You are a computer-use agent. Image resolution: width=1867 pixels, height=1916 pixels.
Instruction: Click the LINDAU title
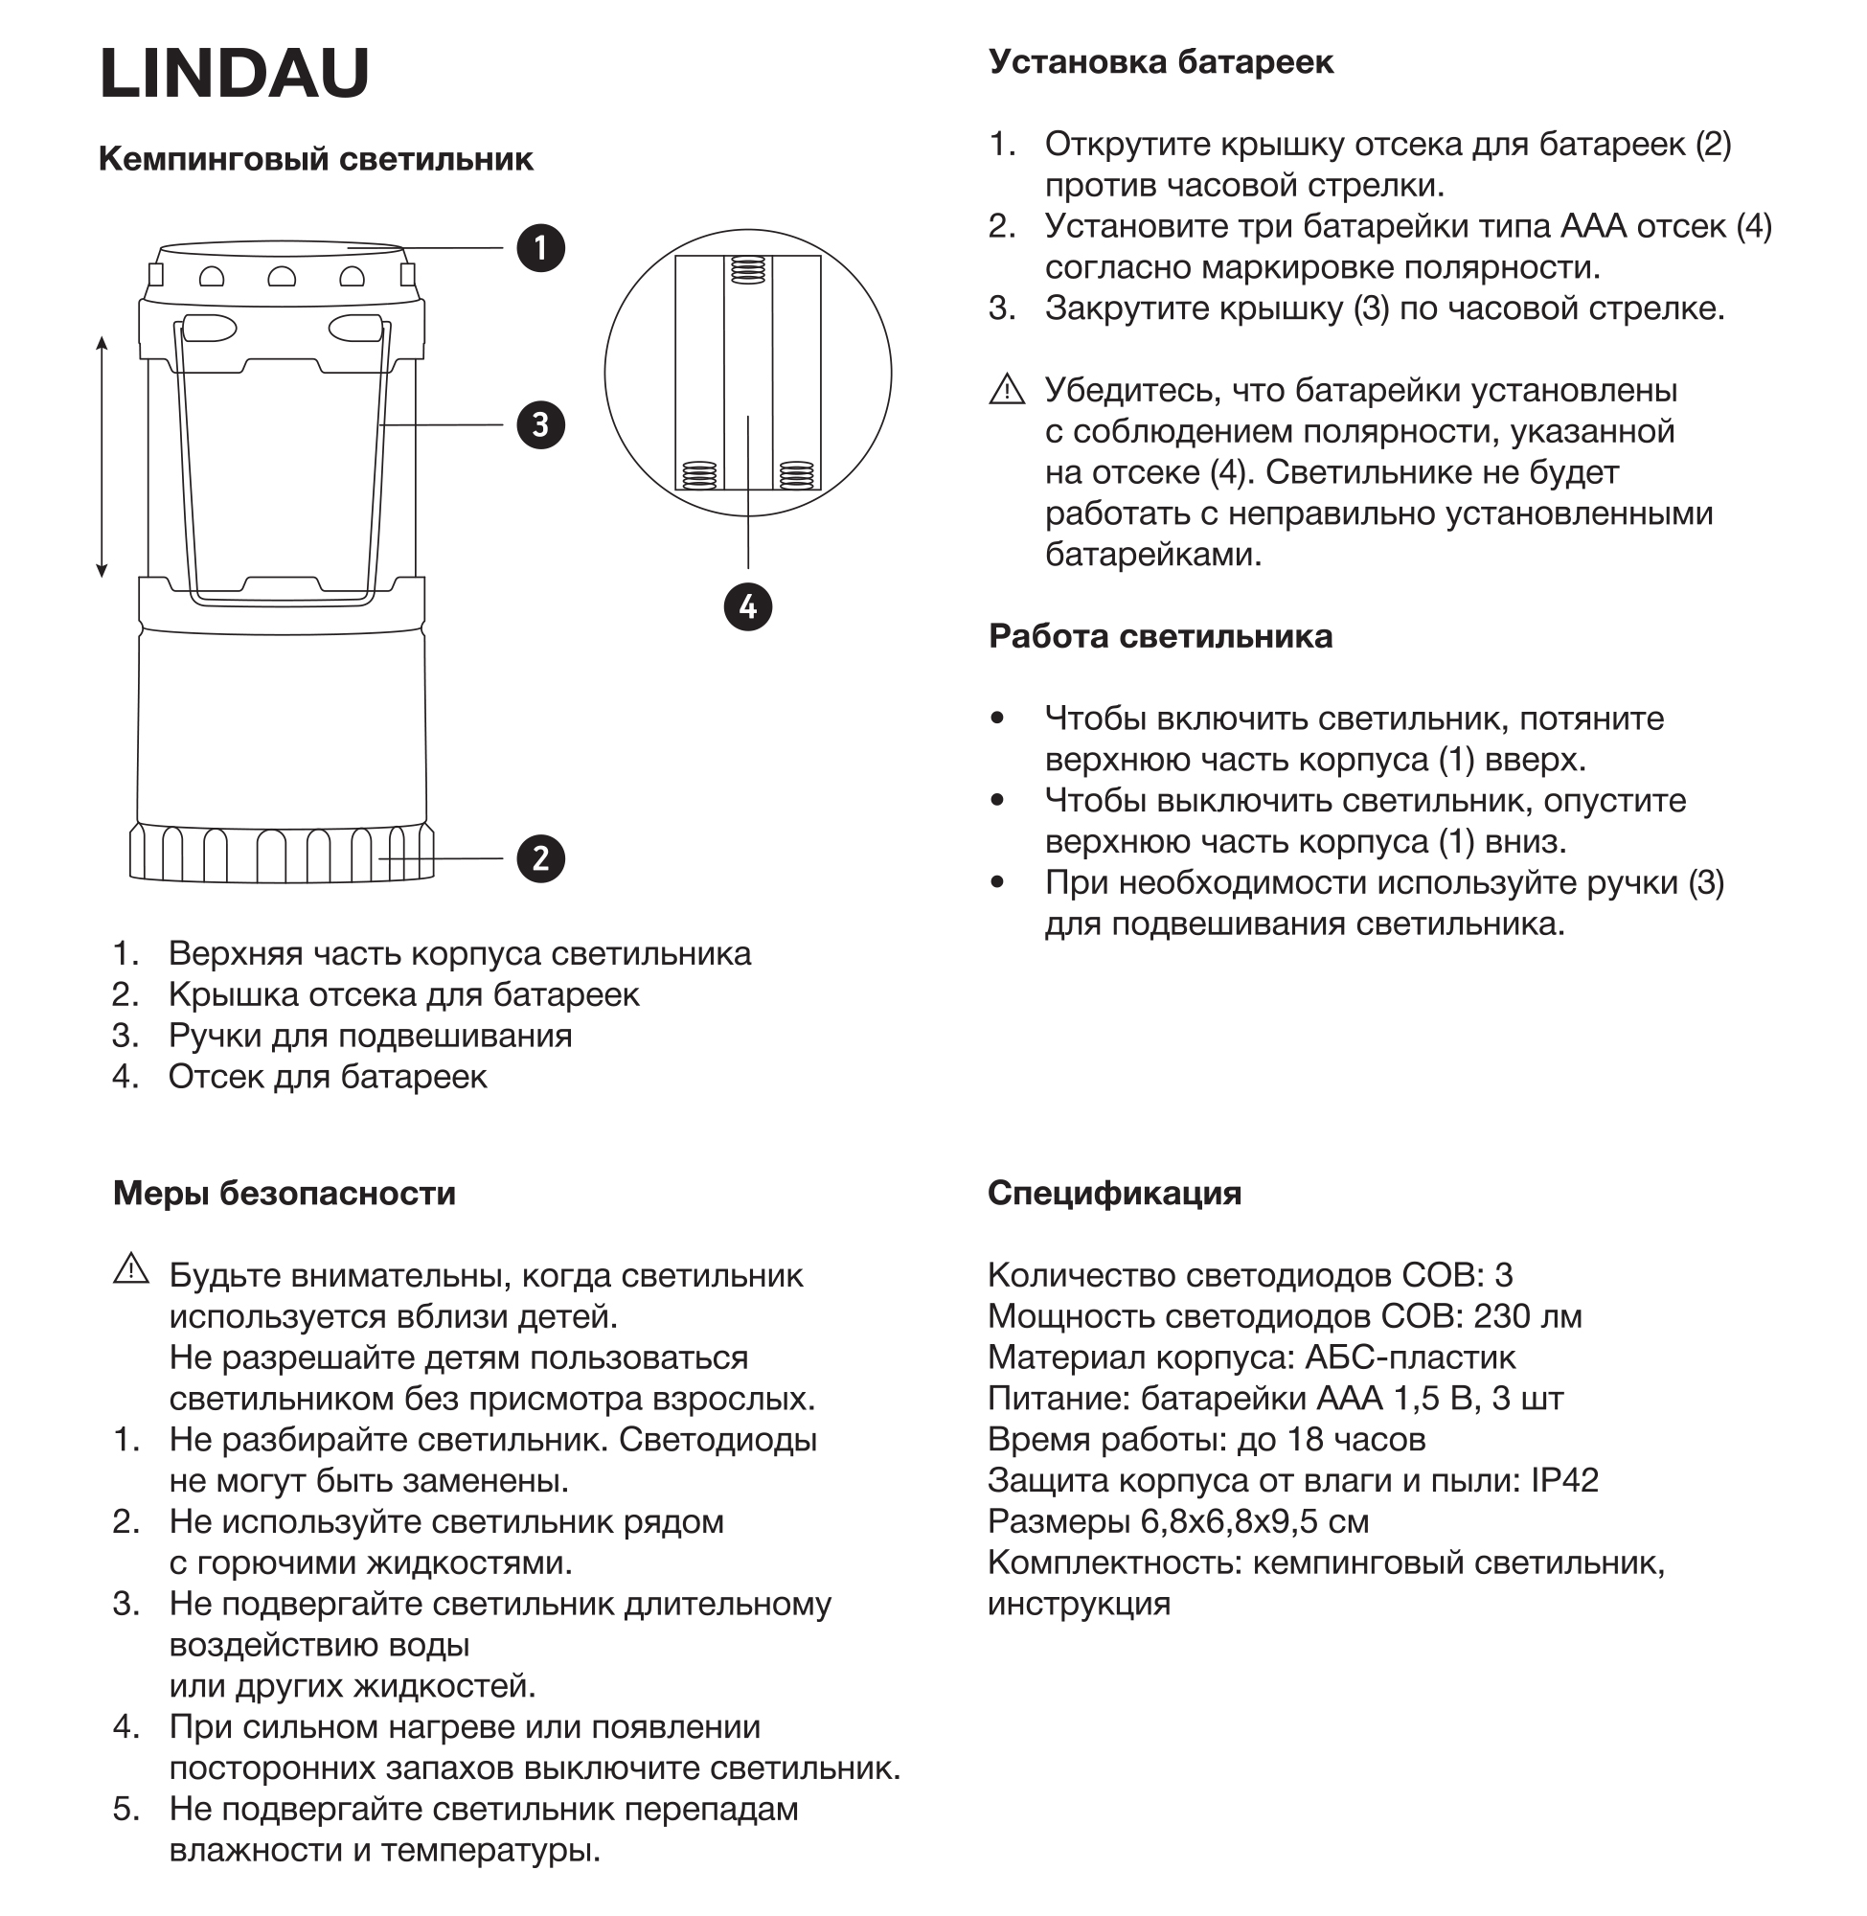point(234,74)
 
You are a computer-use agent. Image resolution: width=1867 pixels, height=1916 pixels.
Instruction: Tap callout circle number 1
point(540,248)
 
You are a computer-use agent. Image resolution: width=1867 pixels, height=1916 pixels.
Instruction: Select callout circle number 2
point(540,859)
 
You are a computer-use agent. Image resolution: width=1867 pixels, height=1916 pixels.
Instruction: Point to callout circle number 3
point(540,424)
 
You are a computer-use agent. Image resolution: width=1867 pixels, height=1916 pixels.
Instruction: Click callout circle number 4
point(748,607)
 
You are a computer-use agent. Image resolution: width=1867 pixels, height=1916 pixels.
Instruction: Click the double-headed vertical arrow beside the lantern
point(102,457)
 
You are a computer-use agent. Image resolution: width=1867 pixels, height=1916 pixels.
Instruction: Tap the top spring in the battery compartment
point(748,269)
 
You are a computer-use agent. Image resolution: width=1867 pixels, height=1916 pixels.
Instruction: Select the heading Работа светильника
point(1160,636)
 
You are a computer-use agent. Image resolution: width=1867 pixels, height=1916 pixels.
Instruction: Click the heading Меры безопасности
point(285,1194)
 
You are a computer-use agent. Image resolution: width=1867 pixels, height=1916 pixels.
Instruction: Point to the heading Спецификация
point(1114,1194)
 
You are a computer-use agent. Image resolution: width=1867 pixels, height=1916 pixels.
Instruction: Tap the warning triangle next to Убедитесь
point(1007,390)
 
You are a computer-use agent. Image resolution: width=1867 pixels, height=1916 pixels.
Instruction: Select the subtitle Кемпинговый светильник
point(316,159)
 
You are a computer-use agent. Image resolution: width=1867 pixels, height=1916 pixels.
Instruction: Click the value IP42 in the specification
point(1565,1481)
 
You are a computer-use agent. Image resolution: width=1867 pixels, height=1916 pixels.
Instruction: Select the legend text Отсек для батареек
point(328,1077)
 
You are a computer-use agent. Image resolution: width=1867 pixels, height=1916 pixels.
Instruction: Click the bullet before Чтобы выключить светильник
point(998,800)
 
